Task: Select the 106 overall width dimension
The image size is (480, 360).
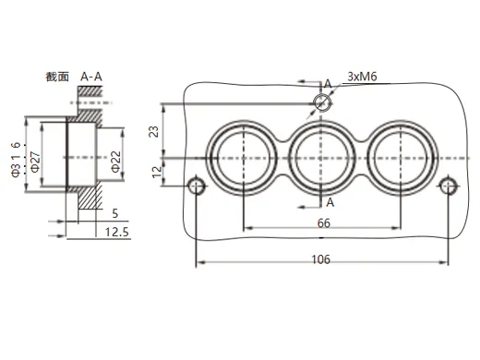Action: pyautogui.click(x=320, y=259)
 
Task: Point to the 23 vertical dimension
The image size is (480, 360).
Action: pyautogui.click(x=154, y=131)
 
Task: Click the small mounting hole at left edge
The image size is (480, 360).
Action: pyautogui.click(x=196, y=186)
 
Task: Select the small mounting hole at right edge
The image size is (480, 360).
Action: pyautogui.click(x=447, y=186)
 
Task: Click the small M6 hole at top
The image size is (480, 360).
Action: pyautogui.click(x=321, y=102)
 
